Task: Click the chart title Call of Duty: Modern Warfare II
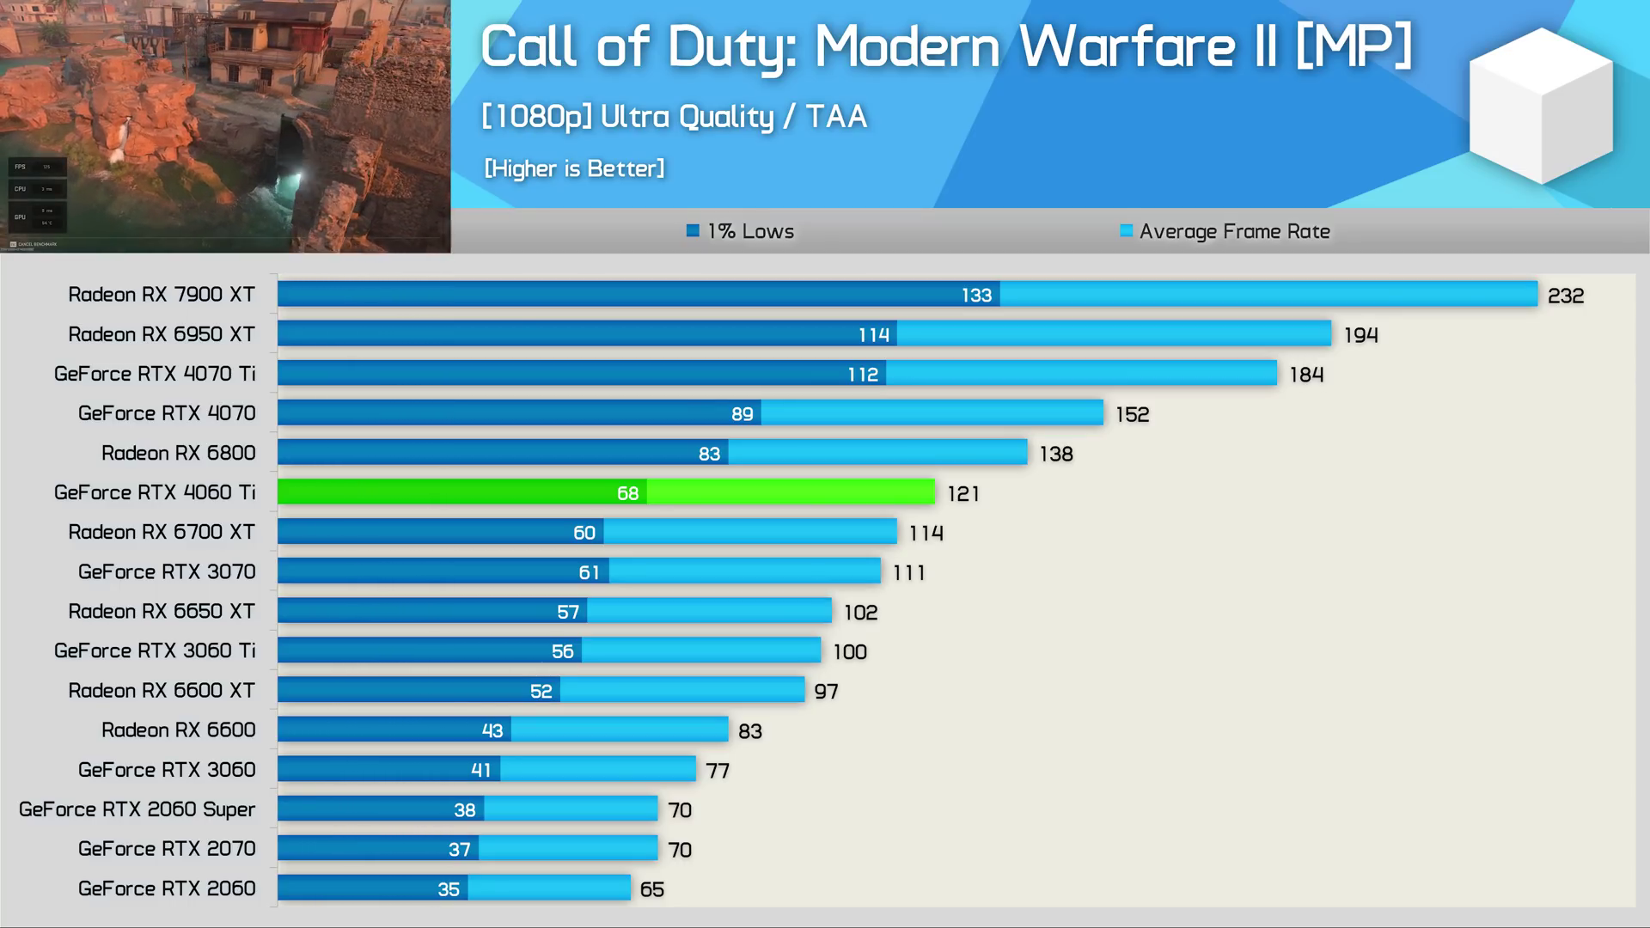click(x=945, y=46)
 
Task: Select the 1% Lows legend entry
click(x=741, y=231)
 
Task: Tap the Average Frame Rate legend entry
click(x=1225, y=231)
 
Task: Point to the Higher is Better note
click(x=574, y=168)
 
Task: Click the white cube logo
click(x=1541, y=106)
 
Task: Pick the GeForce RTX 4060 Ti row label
click(x=155, y=492)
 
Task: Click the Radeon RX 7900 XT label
click(x=162, y=295)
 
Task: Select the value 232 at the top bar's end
click(x=1565, y=296)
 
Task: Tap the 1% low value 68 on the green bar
click(x=627, y=493)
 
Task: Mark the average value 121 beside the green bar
click(x=962, y=493)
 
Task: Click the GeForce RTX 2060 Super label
click(x=137, y=809)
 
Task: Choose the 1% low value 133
click(x=976, y=296)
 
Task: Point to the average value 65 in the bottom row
click(x=651, y=889)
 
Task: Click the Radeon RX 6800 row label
click(x=178, y=453)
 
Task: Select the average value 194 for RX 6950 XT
click(x=1360, y=335)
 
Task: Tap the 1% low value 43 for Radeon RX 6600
click(x=492, y=730)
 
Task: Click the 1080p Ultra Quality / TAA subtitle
click(x=674, y=117)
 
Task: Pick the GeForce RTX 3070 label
click(x=167, y=571)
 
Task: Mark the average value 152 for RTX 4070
click(x=1132, y=414)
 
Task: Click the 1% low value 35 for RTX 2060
click(x=449, y=889)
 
